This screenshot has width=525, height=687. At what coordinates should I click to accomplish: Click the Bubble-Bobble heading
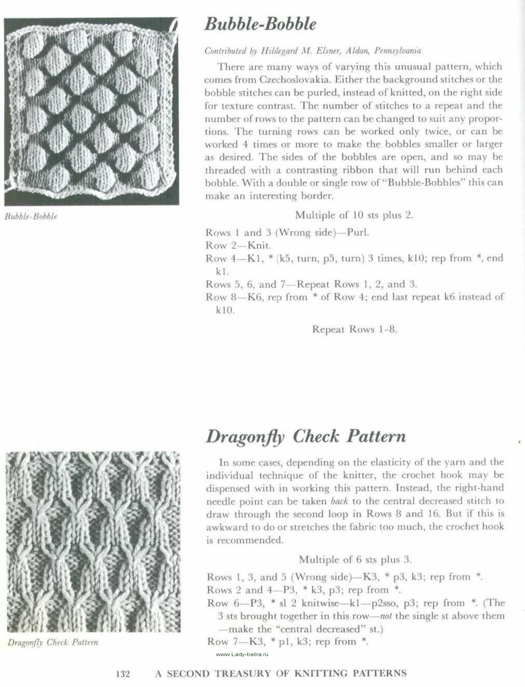point(260,24)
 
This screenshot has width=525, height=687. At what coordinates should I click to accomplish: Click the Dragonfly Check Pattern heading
point(306,437)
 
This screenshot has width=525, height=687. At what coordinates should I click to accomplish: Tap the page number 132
point(123,674)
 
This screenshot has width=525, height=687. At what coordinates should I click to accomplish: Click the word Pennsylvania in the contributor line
point(397,51)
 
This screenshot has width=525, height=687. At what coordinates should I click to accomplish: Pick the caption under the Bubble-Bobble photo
point(31,217)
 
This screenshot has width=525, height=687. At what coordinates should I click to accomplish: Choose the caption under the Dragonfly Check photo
point(53,643)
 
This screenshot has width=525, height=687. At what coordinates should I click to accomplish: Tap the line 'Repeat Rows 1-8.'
point(354,329)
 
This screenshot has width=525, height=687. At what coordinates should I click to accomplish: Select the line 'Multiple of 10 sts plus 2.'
point(354,215)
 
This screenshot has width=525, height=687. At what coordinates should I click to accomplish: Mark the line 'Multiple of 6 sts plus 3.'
point(355,560)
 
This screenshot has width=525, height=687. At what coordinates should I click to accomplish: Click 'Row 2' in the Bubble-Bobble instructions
point(221,245)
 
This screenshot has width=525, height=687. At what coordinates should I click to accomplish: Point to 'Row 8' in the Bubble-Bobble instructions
point(221,297)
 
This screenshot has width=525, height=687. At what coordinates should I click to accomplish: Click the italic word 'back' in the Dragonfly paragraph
point(339,501)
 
